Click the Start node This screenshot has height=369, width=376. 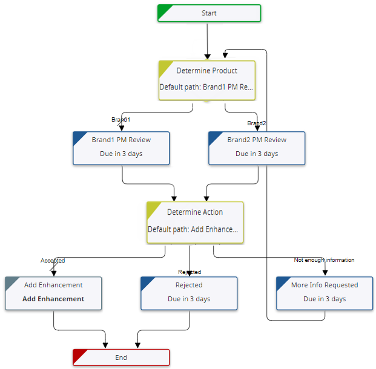[x=209, y=13]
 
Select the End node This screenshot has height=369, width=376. [x=121, y=357]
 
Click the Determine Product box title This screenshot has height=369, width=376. [x=206, y=71]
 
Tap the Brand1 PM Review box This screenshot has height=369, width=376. [x=121, y=148]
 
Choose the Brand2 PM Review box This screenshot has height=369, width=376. [x=257, y=148]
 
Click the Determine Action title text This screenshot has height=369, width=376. [x=195, y=212]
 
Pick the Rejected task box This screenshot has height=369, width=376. [x=189, y=293]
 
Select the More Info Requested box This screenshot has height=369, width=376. [x=325, y=293]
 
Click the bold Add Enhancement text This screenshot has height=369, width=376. [x=53, y=299]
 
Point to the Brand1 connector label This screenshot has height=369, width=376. [x=120, y=119]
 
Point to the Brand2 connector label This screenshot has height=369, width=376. [x=256, y=123]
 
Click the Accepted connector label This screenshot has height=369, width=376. [x=53, y=261]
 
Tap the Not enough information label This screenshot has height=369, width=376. [x=324, y=260]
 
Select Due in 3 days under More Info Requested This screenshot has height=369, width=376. [x=325, y=299]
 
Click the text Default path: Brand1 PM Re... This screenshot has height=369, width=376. [x=206, y=87]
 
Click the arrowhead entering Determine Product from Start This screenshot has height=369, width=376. [x=207, y=57]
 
